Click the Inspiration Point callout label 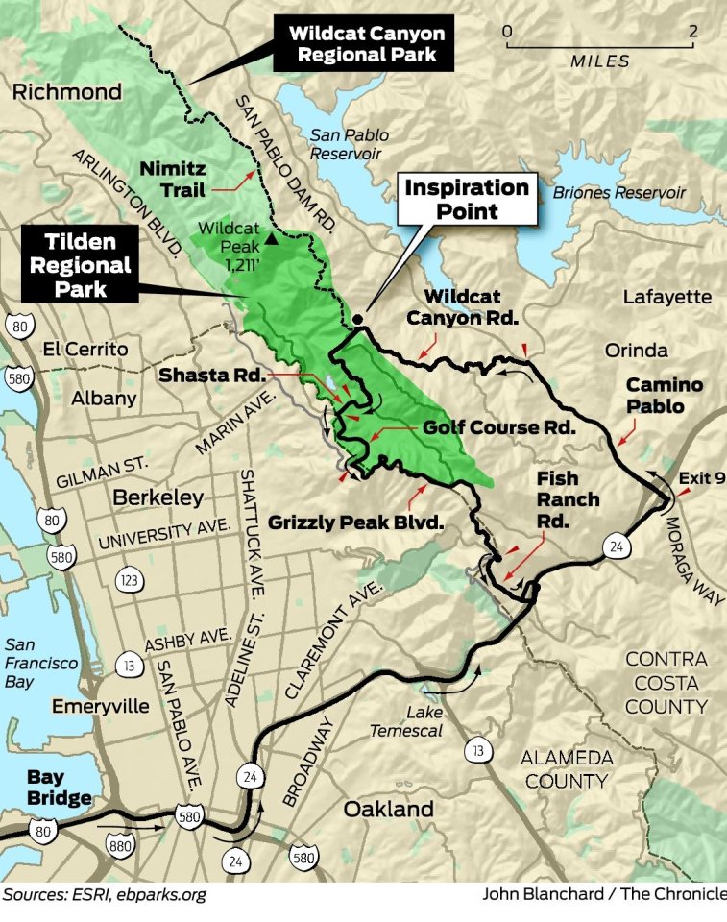tap(467, 200)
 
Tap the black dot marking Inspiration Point tap(357, 319)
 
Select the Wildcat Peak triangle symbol tap(274, 238)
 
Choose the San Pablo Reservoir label tap(347, 144)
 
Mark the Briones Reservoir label tap(619, 193)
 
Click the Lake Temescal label tap(410, 721)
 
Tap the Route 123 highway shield tap(131, 579)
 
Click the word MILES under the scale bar tap(600, 61)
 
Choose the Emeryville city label tap(102, 706)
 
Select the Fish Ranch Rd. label tap(568, 499)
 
